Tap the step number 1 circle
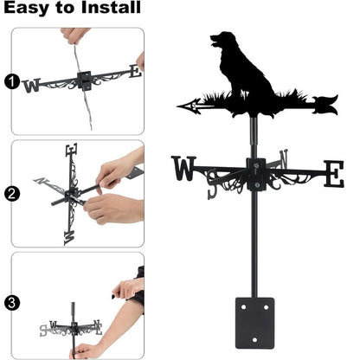pyautogui.click(x=10, y=82)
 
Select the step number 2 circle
pyautogui.click(x=10, y=194)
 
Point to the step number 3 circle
pyautogui.click(x=10, y=304)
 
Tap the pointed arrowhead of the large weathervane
pyautogui.click(x=184, y=106)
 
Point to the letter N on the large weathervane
pyautogui.click(x=284, y=160)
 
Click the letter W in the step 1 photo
pyautogui.click(x=32, y=85)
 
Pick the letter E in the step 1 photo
pyautogui.click(x=133, y=72)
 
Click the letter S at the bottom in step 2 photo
pyautogui.click(x=68, y=233)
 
